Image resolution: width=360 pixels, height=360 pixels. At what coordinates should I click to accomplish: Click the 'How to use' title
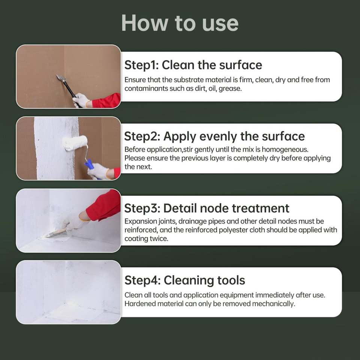click(180, 23)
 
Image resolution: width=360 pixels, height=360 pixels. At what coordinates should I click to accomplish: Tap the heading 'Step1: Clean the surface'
click(193, 65)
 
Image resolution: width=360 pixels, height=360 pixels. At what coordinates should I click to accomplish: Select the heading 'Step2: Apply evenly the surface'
click(214, 136)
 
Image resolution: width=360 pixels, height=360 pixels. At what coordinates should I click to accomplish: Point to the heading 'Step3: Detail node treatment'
click(207, 208)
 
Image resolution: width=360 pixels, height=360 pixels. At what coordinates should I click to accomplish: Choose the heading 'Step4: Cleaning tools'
click(185, 280)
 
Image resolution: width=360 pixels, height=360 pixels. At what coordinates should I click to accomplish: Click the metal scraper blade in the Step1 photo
click(61, 78)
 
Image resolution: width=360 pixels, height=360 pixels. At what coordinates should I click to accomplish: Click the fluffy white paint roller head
click(75, 142)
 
